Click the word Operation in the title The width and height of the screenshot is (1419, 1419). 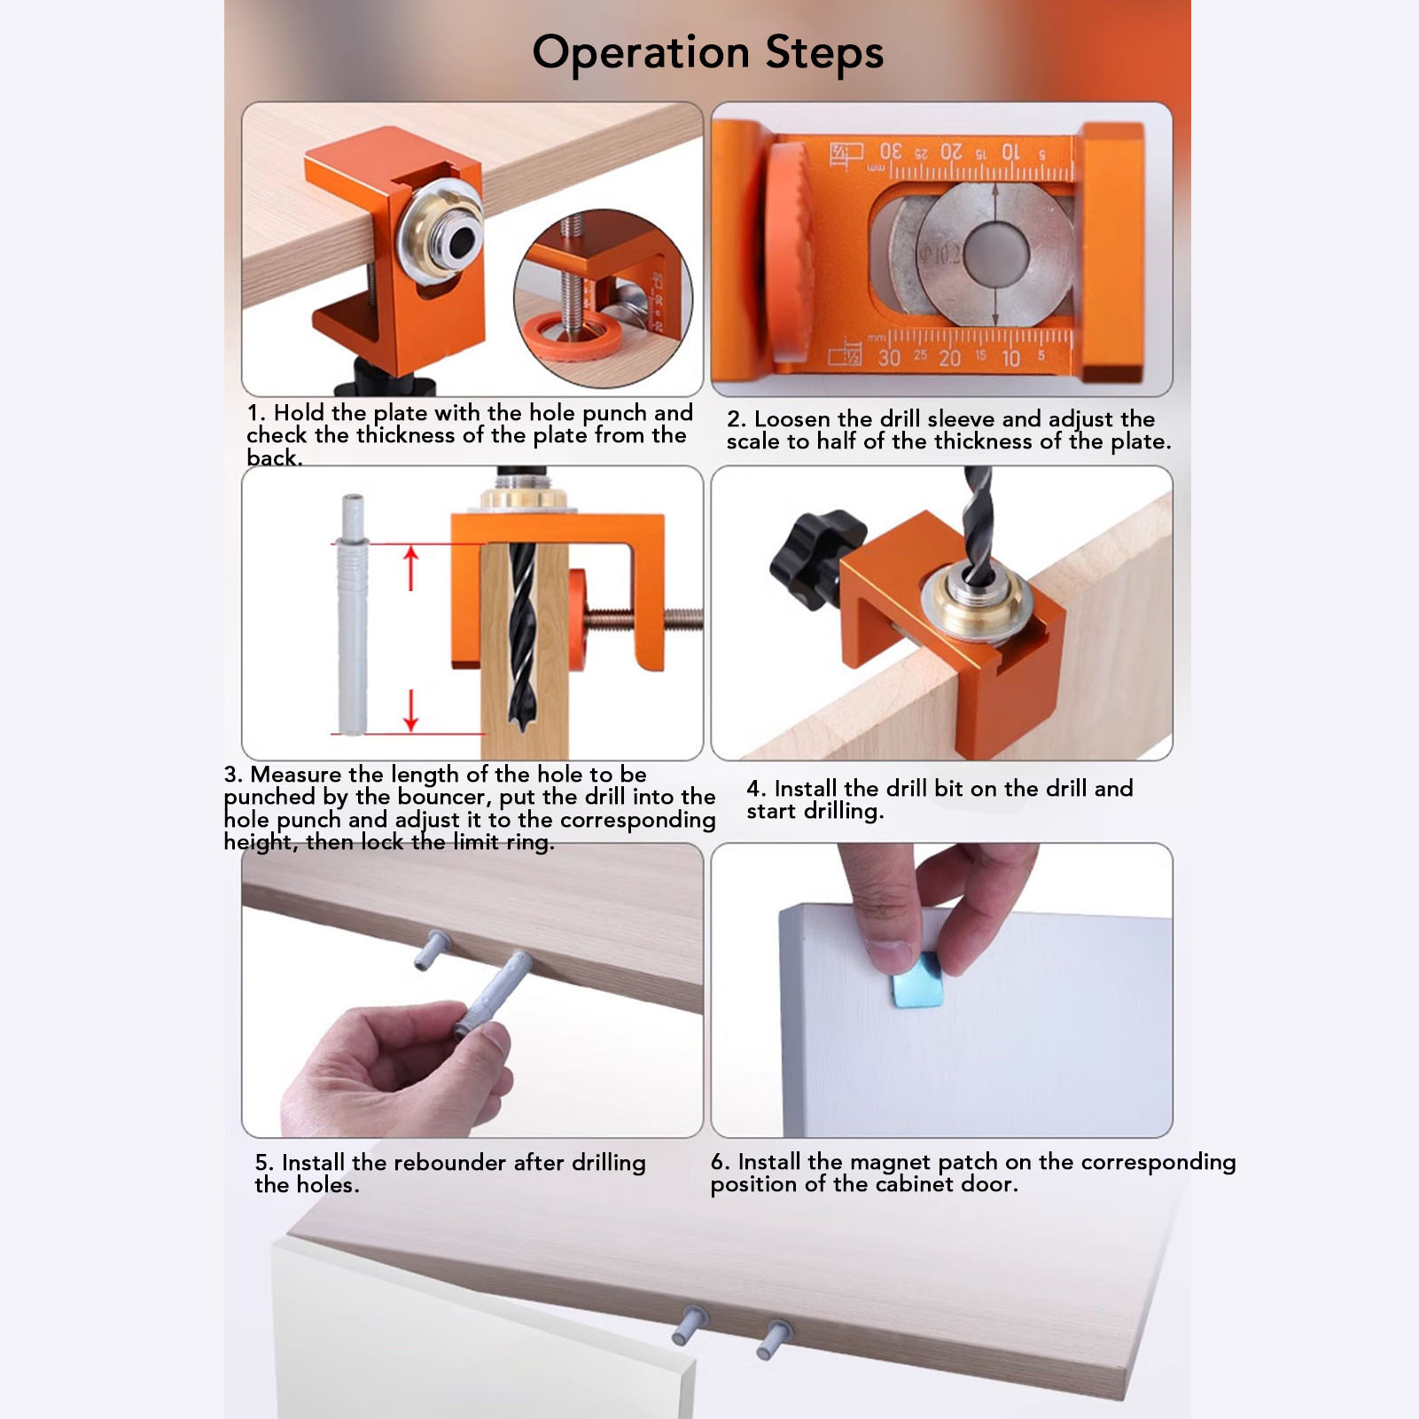(x=641, y=53)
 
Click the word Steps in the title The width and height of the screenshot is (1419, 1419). (x=824, y=53)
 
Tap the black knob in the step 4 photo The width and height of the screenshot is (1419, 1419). (x=813, y=557)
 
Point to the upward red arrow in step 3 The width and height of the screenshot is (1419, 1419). (x=410, y=568)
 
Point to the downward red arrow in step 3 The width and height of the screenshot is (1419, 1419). (x=410, y=710)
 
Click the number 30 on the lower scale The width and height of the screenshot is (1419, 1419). (x=889, y=358)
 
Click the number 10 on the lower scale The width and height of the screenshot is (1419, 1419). (x=1010, y=358)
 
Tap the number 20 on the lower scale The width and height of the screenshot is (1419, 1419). (x=949, y=358)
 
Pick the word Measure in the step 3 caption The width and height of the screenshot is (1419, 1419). (x=295, y=775)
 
